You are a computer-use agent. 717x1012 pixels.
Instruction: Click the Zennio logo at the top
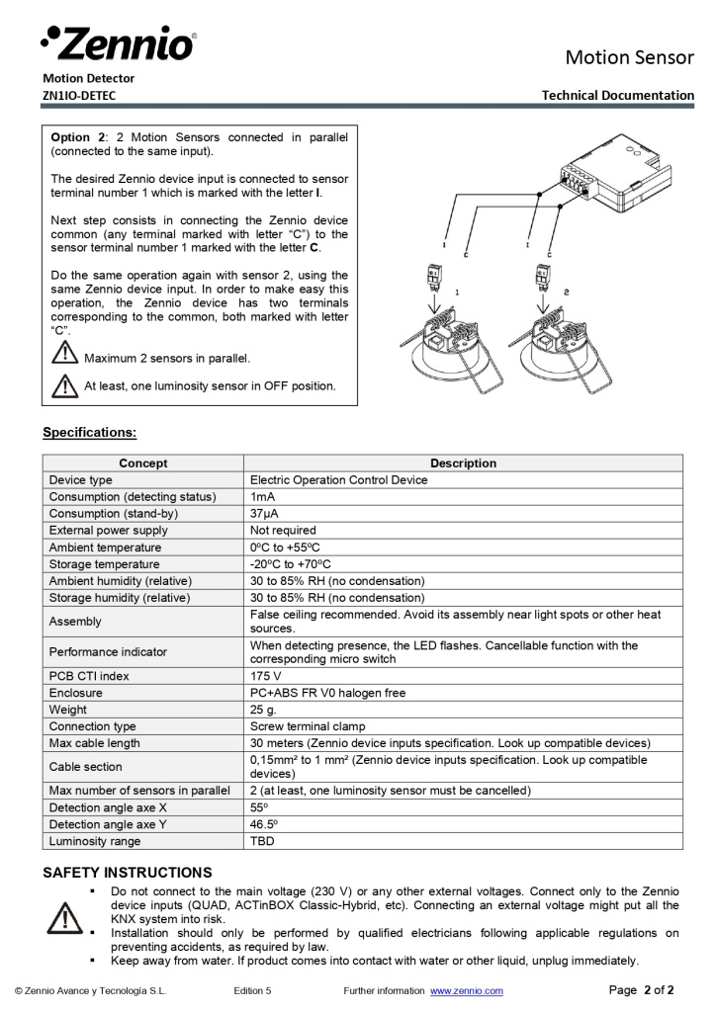pyautogui.click(x=119, y=42)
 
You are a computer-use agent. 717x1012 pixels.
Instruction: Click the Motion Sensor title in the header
pyautogui.click(x=629, y=57)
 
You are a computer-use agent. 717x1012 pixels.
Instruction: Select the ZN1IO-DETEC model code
pyautogui.click(x=79, y=95)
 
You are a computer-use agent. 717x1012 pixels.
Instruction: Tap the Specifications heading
pyautogui.click(x=89, y=432)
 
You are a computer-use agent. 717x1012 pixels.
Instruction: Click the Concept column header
pyautogui.click(x=143, y=463)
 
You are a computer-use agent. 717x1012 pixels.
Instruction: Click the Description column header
pyautogui.click(x=463, y=463)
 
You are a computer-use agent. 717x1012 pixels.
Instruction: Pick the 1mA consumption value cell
pyautogui.click(x=262, y=496)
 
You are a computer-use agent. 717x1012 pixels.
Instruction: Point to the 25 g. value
pyautogui.click(x=264, y=710)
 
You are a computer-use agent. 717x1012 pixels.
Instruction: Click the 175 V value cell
pyautogui.click(x=267, y=676)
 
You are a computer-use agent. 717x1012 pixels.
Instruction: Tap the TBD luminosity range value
pyautogui.click(x=262, y=841)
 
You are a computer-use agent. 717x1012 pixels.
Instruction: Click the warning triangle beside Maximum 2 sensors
pyautogui.click(x=64, y=354)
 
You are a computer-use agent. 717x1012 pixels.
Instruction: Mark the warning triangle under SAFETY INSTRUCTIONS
pyautogui.click(x=64, y=918)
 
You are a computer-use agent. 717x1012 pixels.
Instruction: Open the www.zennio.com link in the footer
pyautogui.click(x=466, y=990)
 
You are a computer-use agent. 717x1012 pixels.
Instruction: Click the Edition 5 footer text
pyautogui.click(x=252, y=990)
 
